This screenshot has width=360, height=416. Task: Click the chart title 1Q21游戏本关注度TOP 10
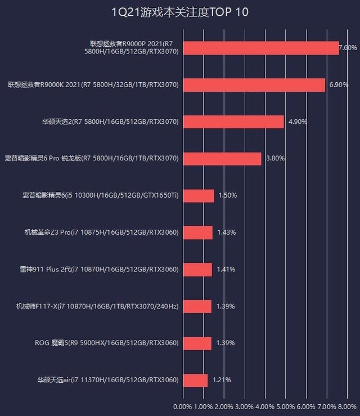[180, 12]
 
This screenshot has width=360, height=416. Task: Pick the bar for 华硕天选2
[234, 122]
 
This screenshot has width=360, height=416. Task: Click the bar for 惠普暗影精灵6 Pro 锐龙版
[223, 159]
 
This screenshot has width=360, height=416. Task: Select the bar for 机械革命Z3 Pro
[198, 232]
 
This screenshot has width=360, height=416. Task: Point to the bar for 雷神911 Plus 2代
[198, 270]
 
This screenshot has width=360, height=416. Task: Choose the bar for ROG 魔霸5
[197, 343]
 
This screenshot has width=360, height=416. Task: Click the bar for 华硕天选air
[196, 381]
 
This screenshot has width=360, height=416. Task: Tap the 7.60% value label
[348, 48]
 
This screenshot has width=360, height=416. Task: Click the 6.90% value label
[339, 85]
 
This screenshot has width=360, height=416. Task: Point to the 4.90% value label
[298, 122]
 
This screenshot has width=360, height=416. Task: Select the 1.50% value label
[227, 195]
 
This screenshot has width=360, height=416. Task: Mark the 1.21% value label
[221, 381]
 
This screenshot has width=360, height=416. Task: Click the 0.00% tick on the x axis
[183, 406]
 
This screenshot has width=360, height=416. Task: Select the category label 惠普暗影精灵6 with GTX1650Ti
[101, 195]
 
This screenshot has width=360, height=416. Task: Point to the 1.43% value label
[226, 232]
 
